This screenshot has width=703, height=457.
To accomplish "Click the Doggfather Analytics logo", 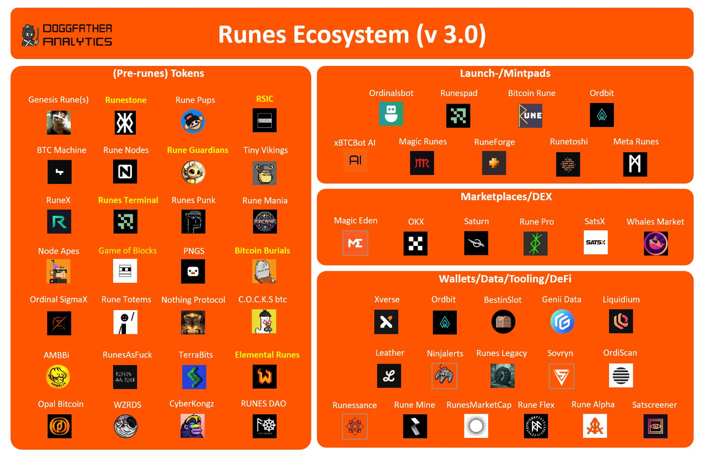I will point(66,35).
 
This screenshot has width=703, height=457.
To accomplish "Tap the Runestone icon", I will point(125,122).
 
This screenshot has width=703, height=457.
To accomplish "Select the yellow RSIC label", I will point(264,99).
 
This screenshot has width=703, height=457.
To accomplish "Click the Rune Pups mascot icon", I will point(193,122).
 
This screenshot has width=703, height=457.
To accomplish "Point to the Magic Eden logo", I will point(355,243).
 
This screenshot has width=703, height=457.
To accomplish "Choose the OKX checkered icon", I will point(415,243).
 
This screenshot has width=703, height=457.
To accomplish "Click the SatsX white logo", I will point(595,243).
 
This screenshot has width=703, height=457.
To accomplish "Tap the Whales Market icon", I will point(656,243).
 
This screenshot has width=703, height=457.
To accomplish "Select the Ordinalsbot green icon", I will point(391,114).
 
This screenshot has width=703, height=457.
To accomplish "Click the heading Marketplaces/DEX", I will point(506,197).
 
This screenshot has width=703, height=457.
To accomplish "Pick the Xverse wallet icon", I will point(386,322).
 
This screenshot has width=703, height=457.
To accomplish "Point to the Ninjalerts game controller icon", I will point(444,376).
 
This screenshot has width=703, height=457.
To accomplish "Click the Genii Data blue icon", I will point(562,322).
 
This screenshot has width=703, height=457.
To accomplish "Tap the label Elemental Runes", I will point(267,355).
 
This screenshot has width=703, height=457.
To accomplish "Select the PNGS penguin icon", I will point(193,271).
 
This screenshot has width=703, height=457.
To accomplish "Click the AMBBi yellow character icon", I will point(58,377).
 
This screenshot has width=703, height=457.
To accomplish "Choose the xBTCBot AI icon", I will point(355,161).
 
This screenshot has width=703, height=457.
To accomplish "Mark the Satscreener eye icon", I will point(655,426).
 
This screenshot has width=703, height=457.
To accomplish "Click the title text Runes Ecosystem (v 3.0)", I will point(351,35).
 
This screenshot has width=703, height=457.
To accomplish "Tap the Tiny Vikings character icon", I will point(265,173).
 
